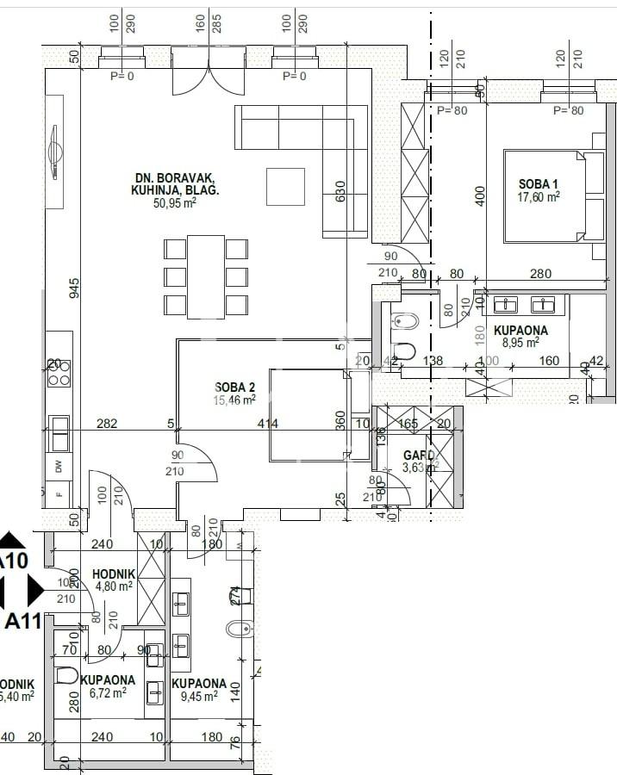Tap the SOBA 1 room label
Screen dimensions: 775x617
click(x=539, y=183)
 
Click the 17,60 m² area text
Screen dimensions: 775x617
click(x=539, y=196)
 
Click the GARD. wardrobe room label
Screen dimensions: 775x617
click(x=420, y=456)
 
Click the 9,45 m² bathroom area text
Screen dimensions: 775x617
click(x=199, y=697)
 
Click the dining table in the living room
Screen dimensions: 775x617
click(x=206, y=276)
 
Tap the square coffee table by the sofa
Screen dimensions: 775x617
click(x=285, y=187)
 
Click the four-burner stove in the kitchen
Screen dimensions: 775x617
click(x=59, y=373)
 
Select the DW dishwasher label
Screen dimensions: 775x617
click(x=59, y=467)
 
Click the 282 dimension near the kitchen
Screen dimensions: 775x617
click(x=107, y=424)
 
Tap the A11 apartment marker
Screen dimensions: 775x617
click(x=22, y=621)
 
